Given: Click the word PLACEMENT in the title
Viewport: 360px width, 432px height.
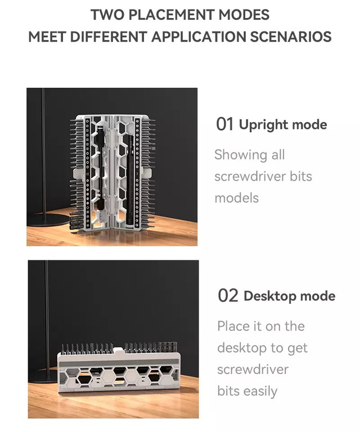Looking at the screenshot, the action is pos(172,15).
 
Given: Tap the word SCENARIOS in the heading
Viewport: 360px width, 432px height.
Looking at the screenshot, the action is pos(291,37).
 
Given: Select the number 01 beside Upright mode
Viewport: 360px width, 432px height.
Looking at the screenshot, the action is pos(224,124).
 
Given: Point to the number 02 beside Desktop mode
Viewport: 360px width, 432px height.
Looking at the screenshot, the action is pos(228,296).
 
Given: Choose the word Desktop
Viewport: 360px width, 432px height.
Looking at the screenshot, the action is pos(270,296).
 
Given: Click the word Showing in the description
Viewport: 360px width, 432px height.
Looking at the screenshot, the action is pos(241,155).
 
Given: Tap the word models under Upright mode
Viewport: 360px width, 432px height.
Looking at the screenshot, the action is pos(237,198).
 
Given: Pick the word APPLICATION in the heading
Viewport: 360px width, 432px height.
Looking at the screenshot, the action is pos(199,37).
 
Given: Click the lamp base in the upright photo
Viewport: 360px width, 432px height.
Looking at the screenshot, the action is pos(48,219).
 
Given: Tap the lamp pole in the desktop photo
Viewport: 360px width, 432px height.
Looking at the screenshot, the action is pos(47,317).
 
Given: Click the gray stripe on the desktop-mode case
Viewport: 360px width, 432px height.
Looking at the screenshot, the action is pos(119,364).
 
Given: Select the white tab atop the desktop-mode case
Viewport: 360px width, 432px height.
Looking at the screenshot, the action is pos(118,350).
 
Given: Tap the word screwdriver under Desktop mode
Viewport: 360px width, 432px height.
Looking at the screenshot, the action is pos(253,370).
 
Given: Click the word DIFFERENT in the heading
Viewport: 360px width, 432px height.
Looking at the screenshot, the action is pos(108,37).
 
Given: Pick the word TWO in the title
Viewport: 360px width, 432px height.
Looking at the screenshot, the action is pos(107,15).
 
